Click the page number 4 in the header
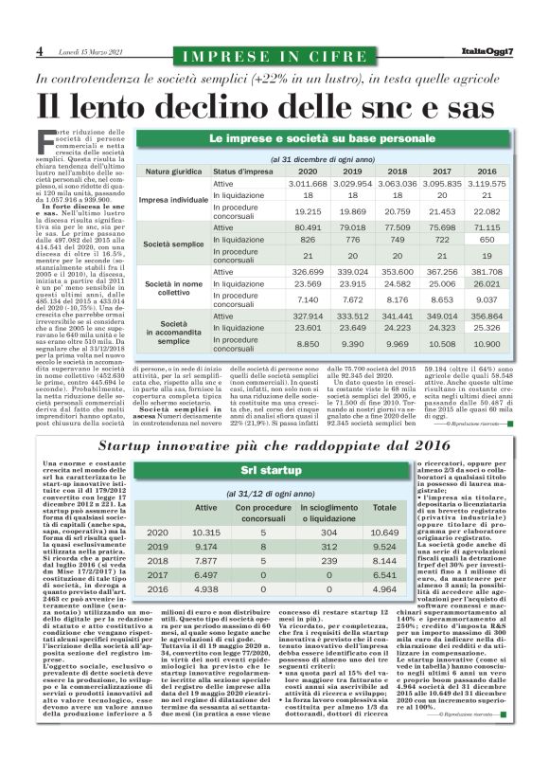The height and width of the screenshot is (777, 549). (x=38, y=49)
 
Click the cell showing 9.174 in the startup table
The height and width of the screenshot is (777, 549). (x=205, y=547)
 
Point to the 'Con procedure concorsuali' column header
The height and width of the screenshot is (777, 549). (x=264, y=513)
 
